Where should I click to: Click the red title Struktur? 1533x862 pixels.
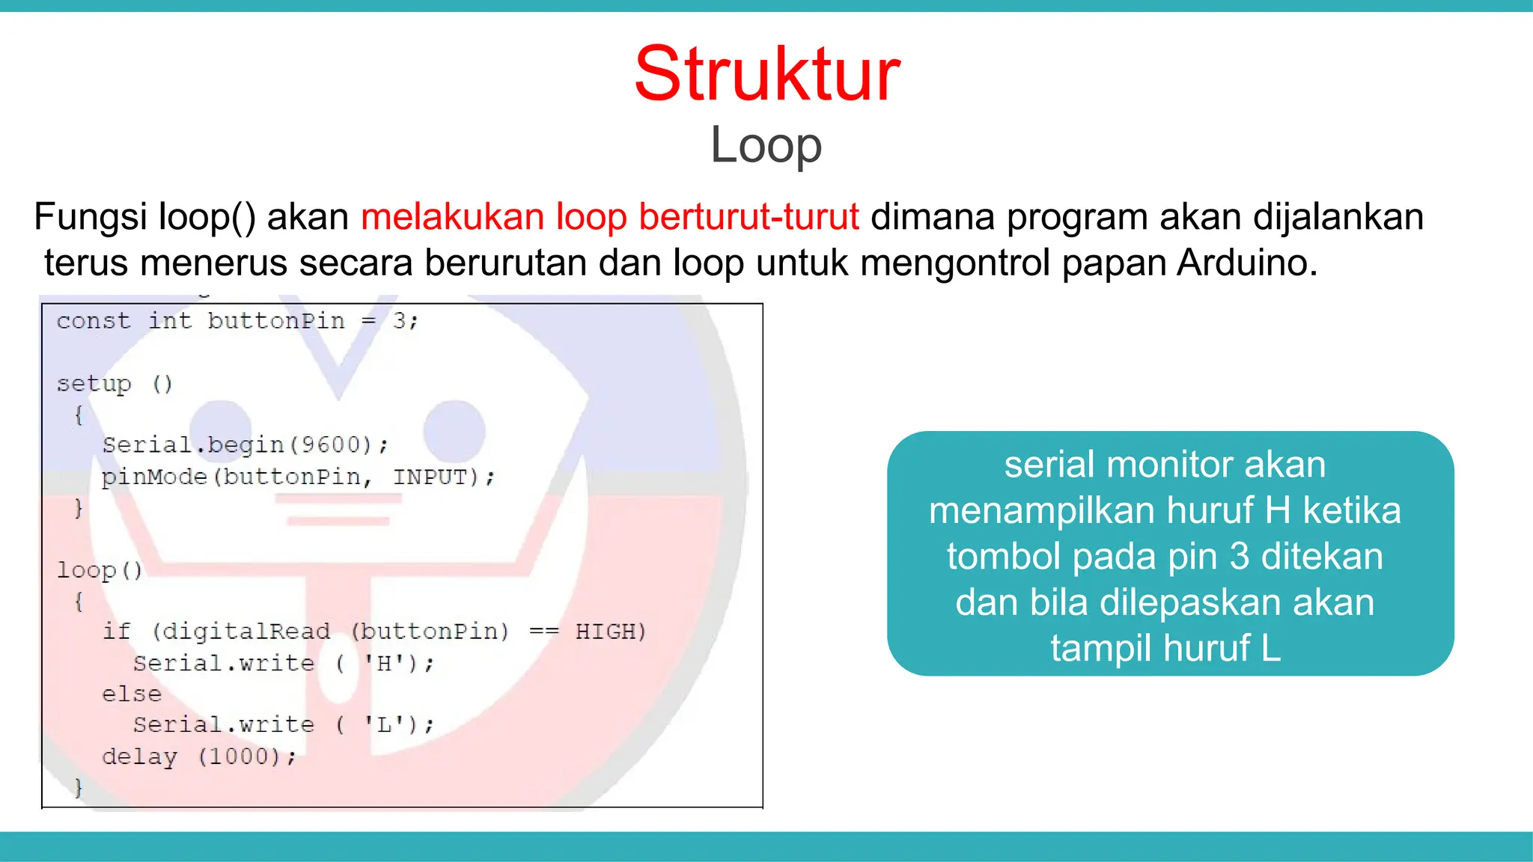click(767, 74)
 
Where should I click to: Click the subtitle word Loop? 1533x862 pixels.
click(766, 145)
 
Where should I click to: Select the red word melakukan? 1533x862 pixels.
click(452, 217)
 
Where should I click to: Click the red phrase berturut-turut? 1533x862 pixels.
click(749, 217)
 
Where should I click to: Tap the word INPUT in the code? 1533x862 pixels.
click(431, 477)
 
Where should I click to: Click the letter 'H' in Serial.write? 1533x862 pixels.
click(384, 663)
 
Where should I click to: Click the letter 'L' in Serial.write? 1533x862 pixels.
click(384, 724)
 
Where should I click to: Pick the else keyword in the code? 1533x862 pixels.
click(132, 694)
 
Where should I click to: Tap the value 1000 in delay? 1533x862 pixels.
click(238, 756)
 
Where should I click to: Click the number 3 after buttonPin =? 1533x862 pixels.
click(400, 321)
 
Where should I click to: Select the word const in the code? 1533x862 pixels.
click(93, 321)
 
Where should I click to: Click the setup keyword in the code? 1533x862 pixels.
click(94, 384)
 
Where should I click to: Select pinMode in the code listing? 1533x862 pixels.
click(153, 477)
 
